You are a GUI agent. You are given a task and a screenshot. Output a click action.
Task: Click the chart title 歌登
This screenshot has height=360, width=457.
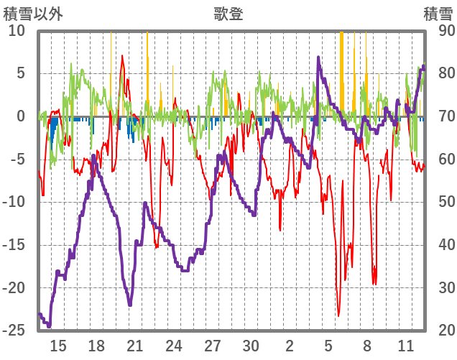(228, 14)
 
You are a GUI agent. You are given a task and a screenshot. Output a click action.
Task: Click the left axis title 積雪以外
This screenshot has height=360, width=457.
(32, 14)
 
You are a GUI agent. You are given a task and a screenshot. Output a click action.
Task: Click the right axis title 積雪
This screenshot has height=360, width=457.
(437, 14)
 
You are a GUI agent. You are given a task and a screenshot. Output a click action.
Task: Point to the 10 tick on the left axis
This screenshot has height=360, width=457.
(17, 31)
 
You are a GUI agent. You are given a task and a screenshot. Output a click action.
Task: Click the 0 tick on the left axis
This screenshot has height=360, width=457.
(20, 116)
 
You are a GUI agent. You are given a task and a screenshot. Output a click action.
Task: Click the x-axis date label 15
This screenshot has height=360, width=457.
(58, 346)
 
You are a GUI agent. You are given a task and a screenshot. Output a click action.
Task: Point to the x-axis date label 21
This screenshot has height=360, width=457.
(135, 346)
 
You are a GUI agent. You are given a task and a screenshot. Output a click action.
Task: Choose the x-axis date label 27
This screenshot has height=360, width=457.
(212, 346)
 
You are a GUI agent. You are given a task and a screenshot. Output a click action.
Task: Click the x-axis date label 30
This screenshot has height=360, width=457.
(250, 346)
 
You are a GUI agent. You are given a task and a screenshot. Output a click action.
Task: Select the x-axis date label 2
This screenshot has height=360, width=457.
(290, 346)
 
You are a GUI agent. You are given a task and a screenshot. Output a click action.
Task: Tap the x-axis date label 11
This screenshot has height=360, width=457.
(406, 346)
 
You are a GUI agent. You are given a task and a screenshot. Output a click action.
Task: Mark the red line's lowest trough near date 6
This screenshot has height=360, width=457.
(338, 315)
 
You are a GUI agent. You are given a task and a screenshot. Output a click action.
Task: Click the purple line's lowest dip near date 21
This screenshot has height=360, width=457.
(130, 305)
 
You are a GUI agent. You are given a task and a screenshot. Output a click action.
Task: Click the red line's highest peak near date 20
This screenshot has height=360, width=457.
(122, 56)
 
